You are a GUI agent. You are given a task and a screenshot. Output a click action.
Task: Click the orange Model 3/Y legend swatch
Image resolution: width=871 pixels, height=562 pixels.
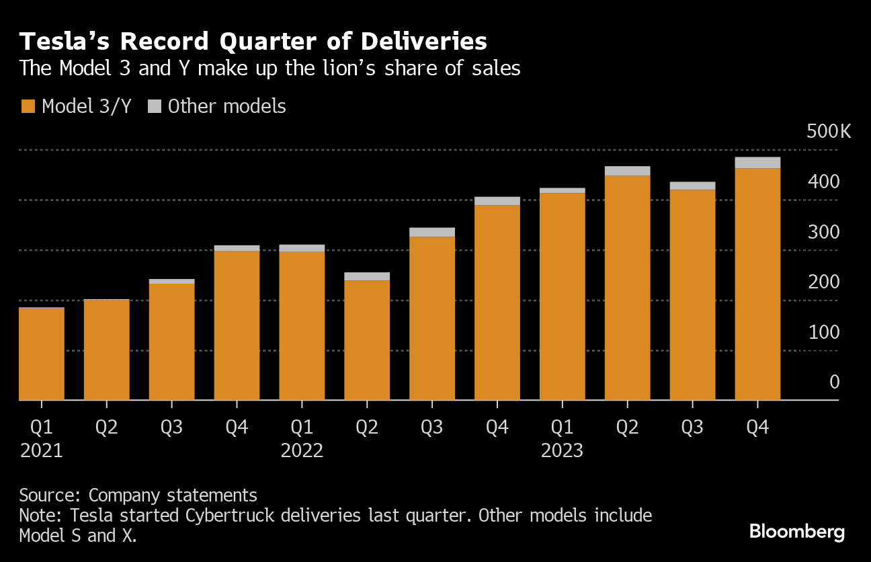click(28, 106)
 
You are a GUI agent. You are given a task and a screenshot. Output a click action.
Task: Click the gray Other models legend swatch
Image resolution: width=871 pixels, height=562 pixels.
click(155, 106)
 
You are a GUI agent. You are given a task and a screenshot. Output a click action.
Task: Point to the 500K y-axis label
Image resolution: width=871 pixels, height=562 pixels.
click(829, 131)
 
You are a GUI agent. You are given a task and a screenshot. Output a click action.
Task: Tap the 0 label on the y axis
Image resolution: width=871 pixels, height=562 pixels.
click(834, 383)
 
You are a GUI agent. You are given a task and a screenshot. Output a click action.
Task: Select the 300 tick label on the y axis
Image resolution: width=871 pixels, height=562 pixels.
click(824, 232)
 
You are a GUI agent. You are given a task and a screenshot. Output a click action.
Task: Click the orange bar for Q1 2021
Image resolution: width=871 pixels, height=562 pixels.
click(42, 354)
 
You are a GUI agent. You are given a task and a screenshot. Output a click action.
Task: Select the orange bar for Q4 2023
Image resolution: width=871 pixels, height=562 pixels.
click(757, 284)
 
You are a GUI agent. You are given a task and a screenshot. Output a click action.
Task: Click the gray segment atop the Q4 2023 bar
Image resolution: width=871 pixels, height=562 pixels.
click(757, 163)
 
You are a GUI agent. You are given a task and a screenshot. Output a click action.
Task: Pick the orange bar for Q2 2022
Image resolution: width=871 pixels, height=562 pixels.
click(367, 339)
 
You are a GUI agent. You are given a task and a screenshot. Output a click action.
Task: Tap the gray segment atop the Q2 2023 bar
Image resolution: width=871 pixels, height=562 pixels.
click(627, 171)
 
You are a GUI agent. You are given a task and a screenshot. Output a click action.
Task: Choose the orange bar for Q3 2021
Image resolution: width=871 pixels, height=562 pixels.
click(171, 342)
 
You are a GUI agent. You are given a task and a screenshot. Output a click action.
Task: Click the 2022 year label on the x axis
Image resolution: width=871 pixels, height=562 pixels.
click(302, 450)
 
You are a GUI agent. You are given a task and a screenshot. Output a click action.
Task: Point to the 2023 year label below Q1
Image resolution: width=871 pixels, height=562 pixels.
click(562, 450)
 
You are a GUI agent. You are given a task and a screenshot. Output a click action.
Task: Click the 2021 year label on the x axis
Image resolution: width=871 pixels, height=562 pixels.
click(42, 450)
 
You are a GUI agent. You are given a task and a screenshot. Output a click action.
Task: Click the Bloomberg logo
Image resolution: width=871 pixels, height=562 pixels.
click(797, 532)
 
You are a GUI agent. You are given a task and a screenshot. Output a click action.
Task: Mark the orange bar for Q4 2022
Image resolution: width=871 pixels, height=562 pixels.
click(497, 303)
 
